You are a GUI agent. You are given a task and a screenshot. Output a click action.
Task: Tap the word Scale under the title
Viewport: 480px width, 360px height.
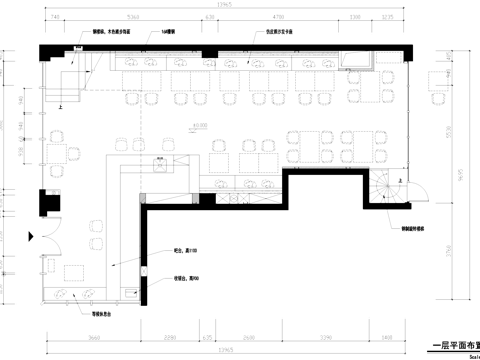(x=470, y=354)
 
